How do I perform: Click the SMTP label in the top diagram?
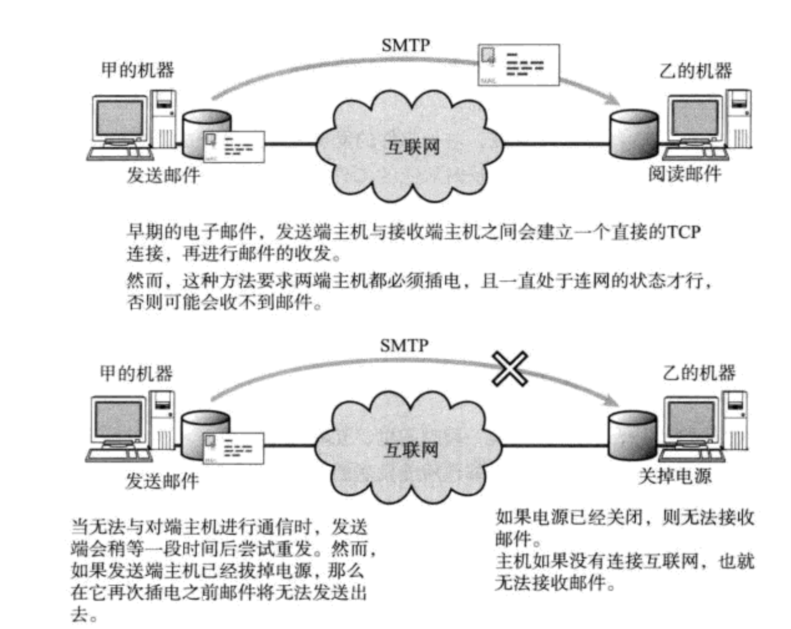click(x=406, y=45)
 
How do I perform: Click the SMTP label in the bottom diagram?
click(x=404, y=346)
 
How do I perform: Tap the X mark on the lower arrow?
click(x=510, y=369)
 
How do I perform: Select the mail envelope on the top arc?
click(x=518, y=65)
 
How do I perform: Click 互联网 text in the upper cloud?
click(x=412, y=147)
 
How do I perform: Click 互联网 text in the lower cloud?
click(x=411, y=450)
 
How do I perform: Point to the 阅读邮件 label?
click(x=684, y=174)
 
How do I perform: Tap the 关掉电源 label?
click(x=674, y=475)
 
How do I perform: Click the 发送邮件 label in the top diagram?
click(x=163, y=175)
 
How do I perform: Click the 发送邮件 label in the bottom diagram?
click(x=162, y=481)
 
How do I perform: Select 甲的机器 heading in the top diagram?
click(x=138, y=70)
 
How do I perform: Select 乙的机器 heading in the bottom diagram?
click(x=699, y=373)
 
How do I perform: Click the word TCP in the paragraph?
click(x=682, y=232)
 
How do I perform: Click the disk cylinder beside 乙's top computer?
click(x=633, y=135)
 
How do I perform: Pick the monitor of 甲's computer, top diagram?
click(x=119, y=119)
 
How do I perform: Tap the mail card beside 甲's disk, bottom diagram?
click(x=233, y=449)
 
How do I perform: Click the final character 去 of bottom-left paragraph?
click(x=79, y=614)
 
